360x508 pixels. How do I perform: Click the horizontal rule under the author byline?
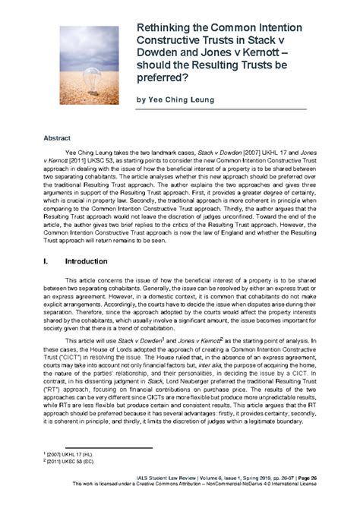click(x=220, y=110)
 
